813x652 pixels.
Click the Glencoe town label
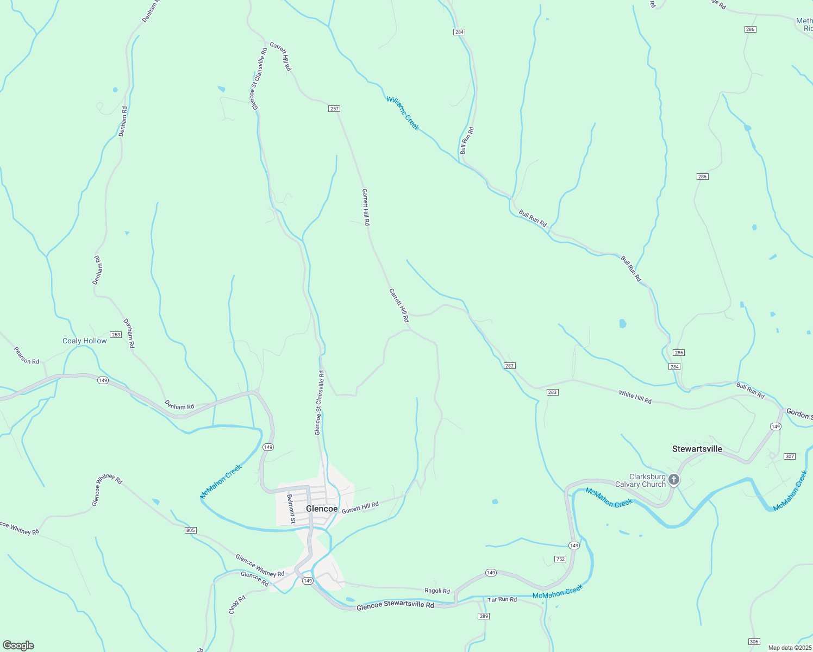(322, 509)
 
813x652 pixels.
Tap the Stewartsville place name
(697, 449)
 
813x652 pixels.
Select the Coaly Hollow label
(85, 341)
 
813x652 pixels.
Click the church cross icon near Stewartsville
(674, 479)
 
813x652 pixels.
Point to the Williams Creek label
(403, 114)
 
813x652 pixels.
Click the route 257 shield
(334, 109)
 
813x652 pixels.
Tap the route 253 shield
(116, 335)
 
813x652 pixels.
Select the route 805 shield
(190, 530)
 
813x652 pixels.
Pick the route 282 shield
(509, 366)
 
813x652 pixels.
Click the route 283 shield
(552, 392)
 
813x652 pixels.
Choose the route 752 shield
(560, 559)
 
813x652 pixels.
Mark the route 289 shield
(484, 616)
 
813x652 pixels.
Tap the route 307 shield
(790, 456)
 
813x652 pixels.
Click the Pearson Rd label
(27, 356)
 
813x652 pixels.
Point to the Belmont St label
(291, 509)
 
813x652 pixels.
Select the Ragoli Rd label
(437, 591)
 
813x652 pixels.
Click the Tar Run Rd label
(502, 599)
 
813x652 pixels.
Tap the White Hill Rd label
(635, 397)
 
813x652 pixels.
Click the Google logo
(18, 645)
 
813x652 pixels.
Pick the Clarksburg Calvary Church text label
(640, 481)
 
